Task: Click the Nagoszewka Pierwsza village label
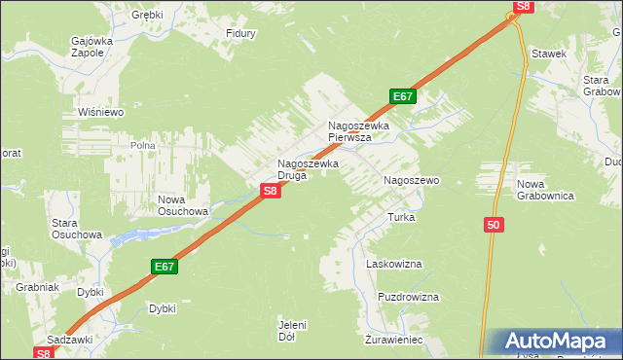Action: tap(358, 131)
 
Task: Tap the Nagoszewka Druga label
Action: tap(308, 169)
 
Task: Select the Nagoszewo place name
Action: tap(412, 181)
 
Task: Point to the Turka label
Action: tap(402, 217)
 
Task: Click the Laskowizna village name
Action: tap(392, 264)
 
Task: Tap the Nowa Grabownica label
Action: tap(546, 190)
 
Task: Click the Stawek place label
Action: tap(549, 54)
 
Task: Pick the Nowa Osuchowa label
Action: tap(184, 204)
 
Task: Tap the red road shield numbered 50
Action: tap(494, 225)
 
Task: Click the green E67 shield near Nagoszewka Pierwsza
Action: tap(404, 96)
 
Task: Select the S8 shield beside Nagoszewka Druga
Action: tap(272, 192)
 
